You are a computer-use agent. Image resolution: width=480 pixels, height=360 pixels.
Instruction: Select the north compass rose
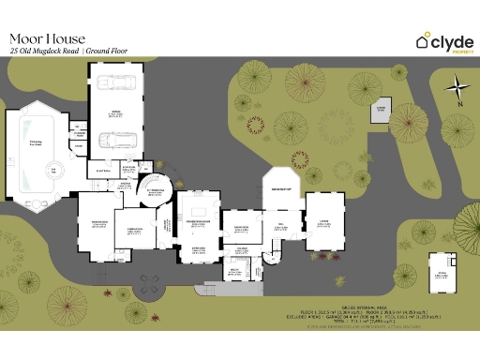tap(457, 92)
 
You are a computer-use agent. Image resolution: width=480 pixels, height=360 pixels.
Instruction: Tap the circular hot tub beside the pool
tap(53, 170)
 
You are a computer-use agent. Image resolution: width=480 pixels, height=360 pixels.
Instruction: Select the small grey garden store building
tap(381, 111)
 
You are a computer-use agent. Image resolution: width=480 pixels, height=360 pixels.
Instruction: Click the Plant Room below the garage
tap(101, 172)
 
